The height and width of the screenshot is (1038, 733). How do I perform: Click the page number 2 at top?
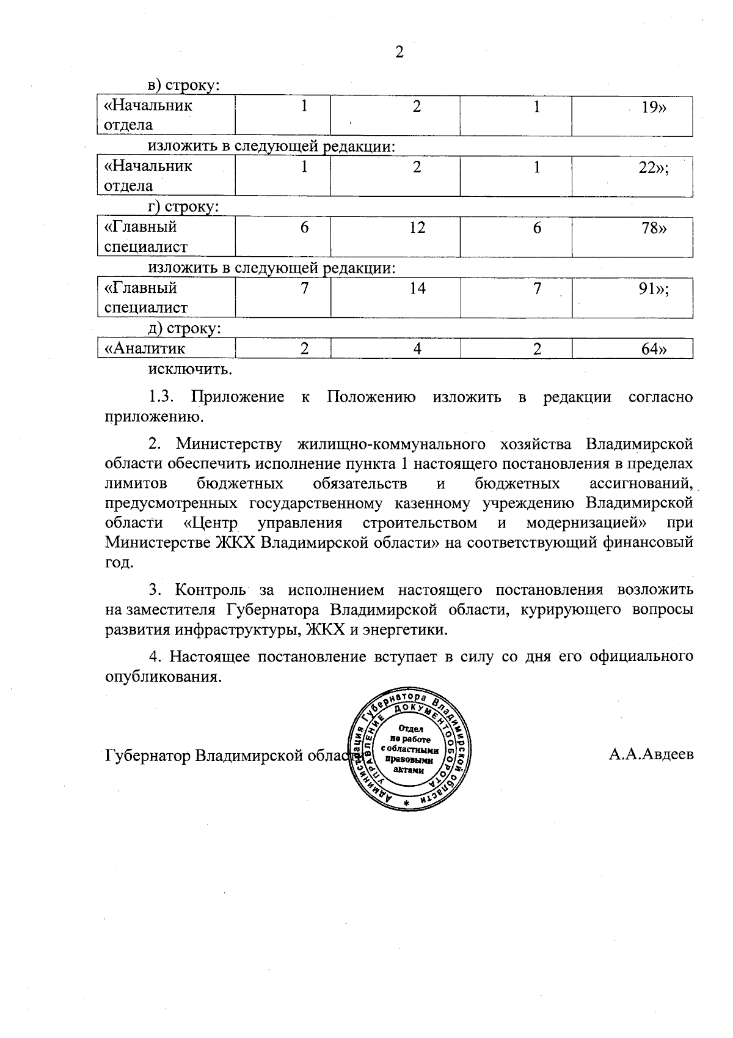(399, 53)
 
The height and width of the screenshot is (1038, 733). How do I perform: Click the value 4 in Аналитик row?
(417, 349)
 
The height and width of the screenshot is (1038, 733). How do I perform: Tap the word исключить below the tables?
(190, 369)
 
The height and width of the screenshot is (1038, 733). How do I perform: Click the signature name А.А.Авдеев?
(651, 754)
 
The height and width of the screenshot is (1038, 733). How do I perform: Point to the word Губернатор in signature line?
(147, 756)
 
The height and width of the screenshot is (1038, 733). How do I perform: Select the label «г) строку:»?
(183, 207)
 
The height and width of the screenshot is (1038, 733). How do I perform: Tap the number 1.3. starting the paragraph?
(162, 397)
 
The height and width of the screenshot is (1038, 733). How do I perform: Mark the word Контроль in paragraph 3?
(210, 590)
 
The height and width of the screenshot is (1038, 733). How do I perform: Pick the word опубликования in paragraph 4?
(161, 677)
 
